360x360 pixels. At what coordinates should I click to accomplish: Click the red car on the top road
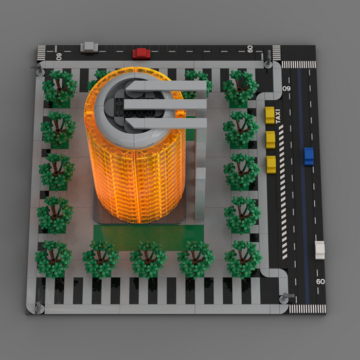[x=141, y=53]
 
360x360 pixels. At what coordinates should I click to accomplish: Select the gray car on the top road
[x=89, y=47]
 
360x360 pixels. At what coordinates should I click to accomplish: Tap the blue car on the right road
[x=309, y=156]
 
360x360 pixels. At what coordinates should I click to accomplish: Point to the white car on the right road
[x=320, y=250]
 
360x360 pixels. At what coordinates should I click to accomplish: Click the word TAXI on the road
[x=278, y=116]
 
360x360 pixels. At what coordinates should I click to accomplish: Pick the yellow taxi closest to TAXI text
[x=270, y=115]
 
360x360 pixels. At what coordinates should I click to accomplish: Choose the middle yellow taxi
[x=271, y=140]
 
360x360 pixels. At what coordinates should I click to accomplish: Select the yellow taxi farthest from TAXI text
[x=271, y=165]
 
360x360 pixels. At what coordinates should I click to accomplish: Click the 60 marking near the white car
[x=320, y=281]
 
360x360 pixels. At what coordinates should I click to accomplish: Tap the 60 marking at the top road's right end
[x=250, y=49]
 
